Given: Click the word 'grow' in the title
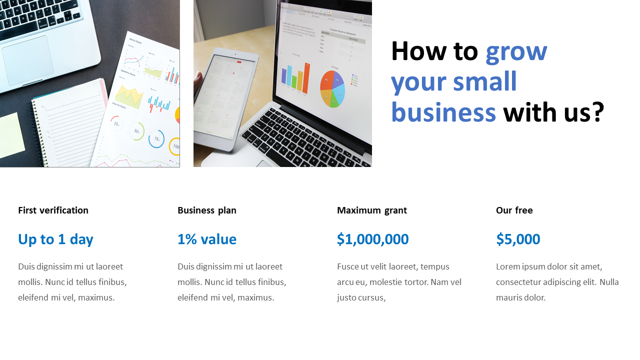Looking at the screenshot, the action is click(x=516, y=53).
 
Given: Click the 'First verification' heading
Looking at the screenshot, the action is click(x=53, y=210).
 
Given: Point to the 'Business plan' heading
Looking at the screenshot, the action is click(x=207, y=210).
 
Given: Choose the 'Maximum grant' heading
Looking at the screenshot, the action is click(x=371, y=210).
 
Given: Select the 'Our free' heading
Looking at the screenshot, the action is click(x=514, y=210).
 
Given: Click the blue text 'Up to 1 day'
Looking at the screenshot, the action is click(x=55, y=239).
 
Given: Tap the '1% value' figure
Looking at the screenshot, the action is click(x=207, y=239).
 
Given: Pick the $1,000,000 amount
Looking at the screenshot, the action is click(x=372, y=239).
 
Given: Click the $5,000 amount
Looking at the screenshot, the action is click(x=518, y=239).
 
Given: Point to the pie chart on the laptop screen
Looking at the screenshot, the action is click(x=332, y=89).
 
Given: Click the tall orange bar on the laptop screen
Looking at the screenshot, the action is click(x=306, y=78).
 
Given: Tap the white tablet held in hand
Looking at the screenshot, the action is click(x=226, y=100).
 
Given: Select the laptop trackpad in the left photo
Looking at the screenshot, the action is click(x=27, y=60).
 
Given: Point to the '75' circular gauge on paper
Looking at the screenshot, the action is click(x=156, y=139).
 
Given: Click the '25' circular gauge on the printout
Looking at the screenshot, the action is click(x=116, y=123).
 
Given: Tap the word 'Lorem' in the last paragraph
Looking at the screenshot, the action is click(x=508, y=266).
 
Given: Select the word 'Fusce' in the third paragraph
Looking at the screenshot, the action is click(x=347, y=266).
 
